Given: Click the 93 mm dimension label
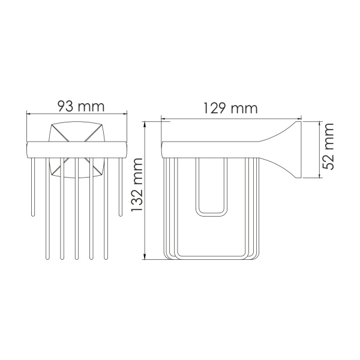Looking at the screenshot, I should pyautogui.click(x=78, y=106).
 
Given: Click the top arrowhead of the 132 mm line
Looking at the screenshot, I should pyautogui.click(x=145, y=124).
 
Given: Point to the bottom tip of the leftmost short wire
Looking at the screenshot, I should pyautogui.click(x=34, y=214).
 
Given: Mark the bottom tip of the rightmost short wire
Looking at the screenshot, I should pyautogui.click(x=121, y=214).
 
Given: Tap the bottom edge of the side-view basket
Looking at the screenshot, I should pyautogui.click(x=210, y=259).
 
